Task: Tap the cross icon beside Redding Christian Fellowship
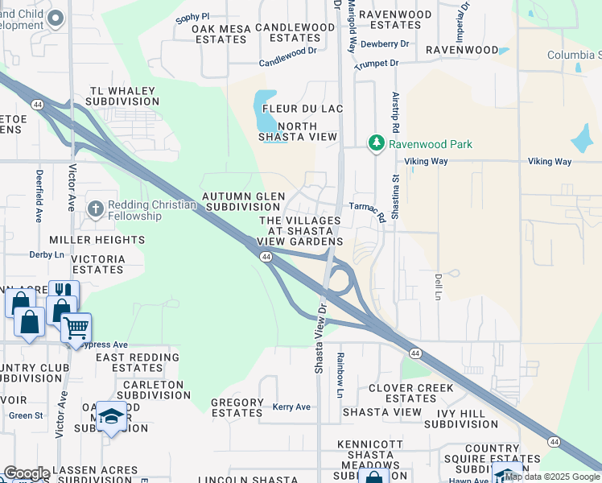tap(95, 208)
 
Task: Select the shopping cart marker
tap(76, 327)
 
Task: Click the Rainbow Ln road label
tap(340, 374)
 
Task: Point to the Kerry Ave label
tap(291, 407)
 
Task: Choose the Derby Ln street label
tap(46, 254)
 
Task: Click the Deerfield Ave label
tap(39, 196)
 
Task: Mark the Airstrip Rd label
tap(396, 118)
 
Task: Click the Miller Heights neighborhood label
tap(97, 240)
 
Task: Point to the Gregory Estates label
tap(237, 407)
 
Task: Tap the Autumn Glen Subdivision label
tap(244, 201)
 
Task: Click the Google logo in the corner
tap(26, 473)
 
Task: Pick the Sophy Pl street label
tap(193, 16)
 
